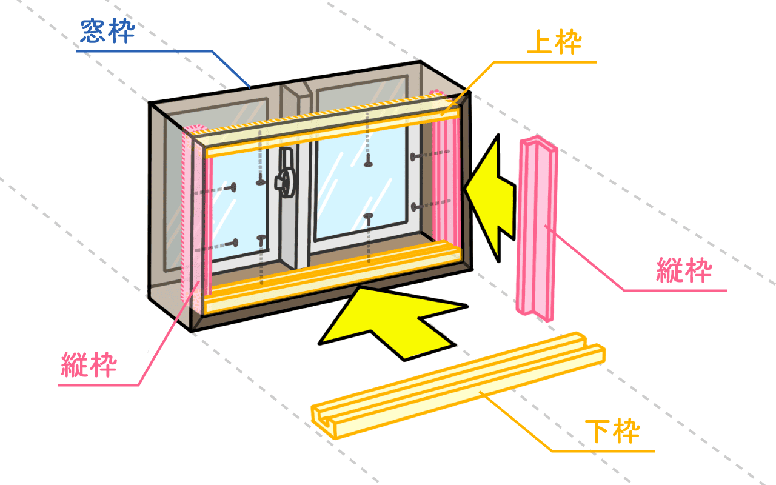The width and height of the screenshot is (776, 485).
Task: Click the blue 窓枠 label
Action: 107,31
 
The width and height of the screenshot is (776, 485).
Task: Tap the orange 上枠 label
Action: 554,42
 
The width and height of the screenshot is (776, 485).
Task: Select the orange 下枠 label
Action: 612,431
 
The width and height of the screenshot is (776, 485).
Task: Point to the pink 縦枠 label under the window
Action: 89,364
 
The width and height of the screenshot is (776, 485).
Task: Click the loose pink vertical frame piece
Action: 537,229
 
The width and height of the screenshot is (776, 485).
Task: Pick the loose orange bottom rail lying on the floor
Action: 457,385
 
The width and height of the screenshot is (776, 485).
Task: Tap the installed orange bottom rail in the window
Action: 333,277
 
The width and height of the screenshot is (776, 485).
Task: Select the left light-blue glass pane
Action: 239,208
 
